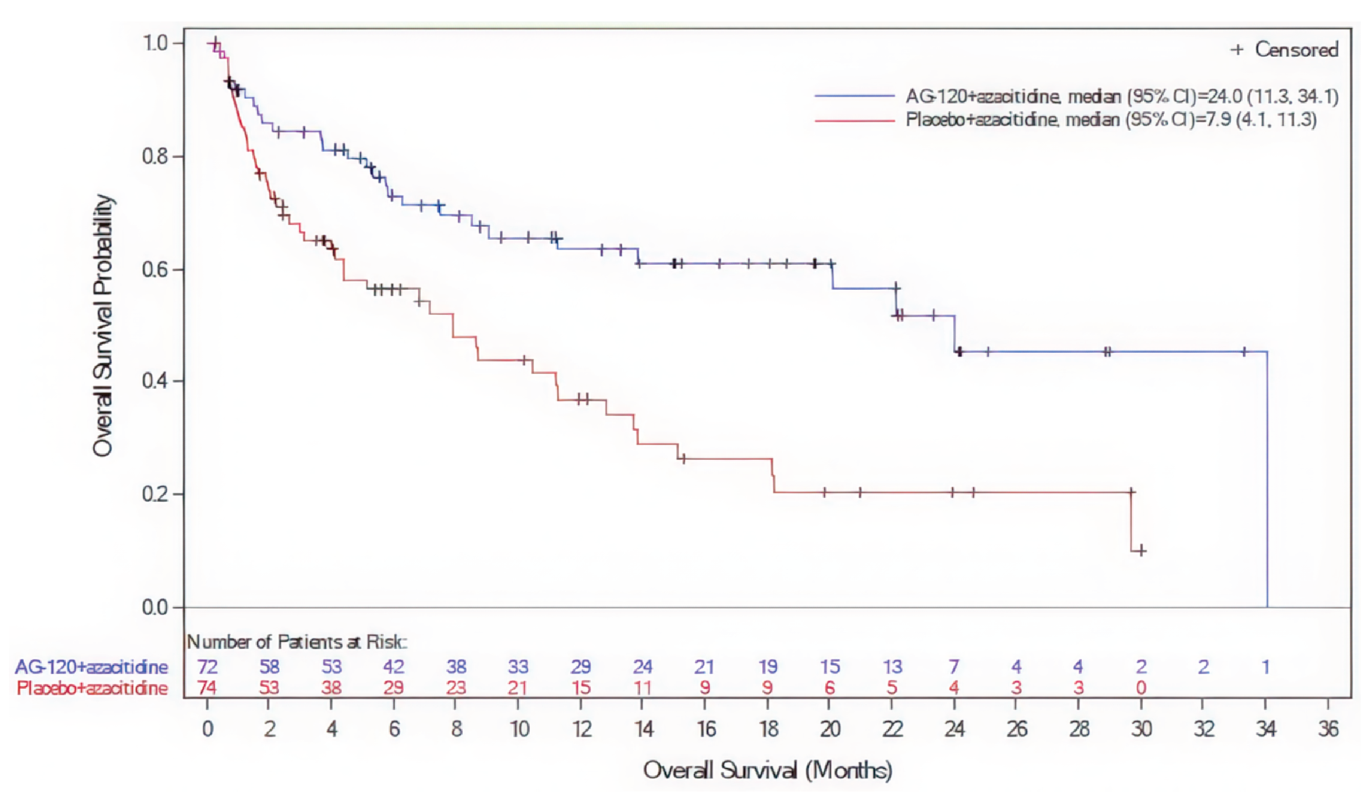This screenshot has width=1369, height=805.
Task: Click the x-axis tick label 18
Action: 768,729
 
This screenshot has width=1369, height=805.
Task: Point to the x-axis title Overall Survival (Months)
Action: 768,770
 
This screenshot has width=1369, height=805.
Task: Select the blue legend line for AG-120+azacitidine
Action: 854,96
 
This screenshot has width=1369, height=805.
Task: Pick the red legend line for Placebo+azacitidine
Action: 854,120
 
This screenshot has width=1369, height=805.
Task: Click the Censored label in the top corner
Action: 1296,50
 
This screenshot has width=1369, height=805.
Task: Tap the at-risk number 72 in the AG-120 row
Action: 207,666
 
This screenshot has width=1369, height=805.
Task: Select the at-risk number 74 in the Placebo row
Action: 207,688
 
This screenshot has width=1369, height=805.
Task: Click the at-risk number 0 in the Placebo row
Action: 1141,688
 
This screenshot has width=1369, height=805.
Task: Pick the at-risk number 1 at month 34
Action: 1265,666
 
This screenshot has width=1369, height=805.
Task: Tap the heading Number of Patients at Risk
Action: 297,642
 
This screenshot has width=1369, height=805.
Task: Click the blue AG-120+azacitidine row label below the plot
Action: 91,666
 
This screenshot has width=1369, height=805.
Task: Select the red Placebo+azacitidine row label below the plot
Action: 92,688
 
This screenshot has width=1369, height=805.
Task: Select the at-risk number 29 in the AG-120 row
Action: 580,666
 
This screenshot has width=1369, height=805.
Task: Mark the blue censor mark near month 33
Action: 1244,352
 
